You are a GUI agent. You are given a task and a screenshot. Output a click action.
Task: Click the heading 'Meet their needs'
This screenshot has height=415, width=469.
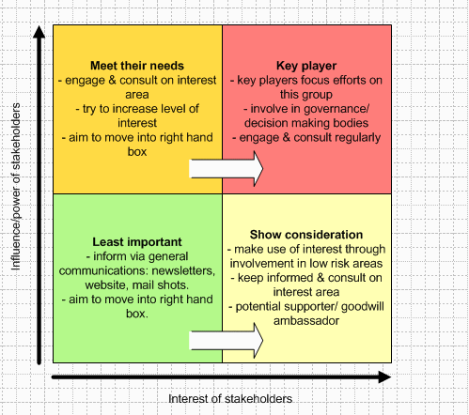point(137,66)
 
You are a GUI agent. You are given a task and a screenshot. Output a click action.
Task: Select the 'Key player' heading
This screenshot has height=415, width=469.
point(306,66)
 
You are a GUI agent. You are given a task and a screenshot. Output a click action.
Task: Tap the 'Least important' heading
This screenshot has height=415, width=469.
point(137,242)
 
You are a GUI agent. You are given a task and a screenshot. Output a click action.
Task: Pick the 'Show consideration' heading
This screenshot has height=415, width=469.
point(306,235)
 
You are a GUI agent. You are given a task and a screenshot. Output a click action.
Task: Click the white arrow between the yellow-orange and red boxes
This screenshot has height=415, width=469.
point(227,169)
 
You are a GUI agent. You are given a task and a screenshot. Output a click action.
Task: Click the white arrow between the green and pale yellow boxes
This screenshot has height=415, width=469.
point(227,341)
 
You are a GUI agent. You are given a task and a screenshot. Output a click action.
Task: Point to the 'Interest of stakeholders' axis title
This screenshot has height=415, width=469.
point(230,399)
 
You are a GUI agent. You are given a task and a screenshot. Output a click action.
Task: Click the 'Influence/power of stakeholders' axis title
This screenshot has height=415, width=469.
point(16,187)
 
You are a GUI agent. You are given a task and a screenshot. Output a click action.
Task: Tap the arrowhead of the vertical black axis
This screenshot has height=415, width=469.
point(39,32)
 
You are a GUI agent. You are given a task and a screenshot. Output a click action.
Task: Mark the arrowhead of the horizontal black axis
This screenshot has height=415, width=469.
point(384,377)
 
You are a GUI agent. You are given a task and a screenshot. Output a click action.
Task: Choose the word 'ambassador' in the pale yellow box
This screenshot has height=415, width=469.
point(306,321)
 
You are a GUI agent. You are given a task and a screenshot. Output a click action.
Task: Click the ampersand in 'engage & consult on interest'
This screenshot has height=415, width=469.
point(112,80)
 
